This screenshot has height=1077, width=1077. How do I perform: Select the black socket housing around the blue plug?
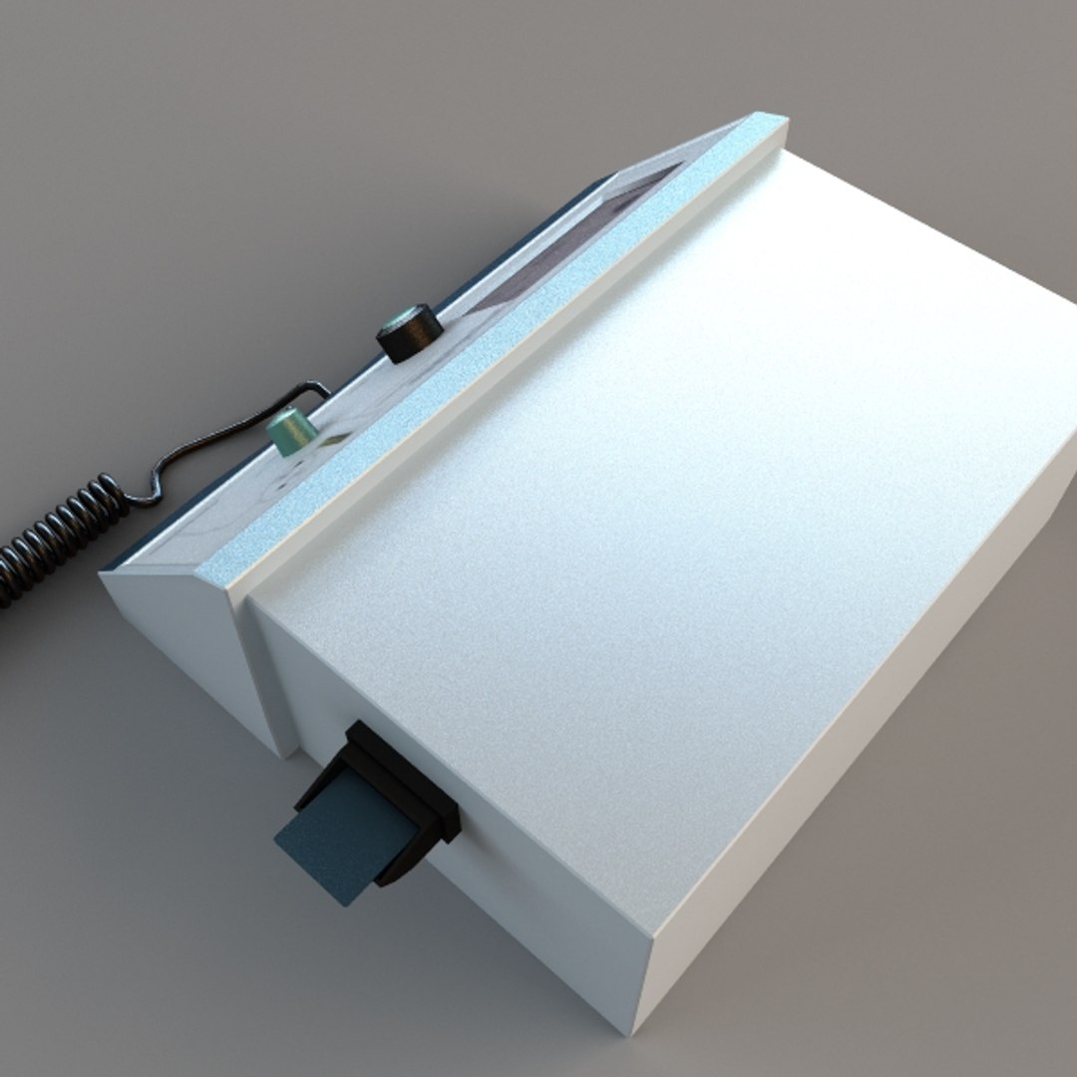(399, 788)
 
